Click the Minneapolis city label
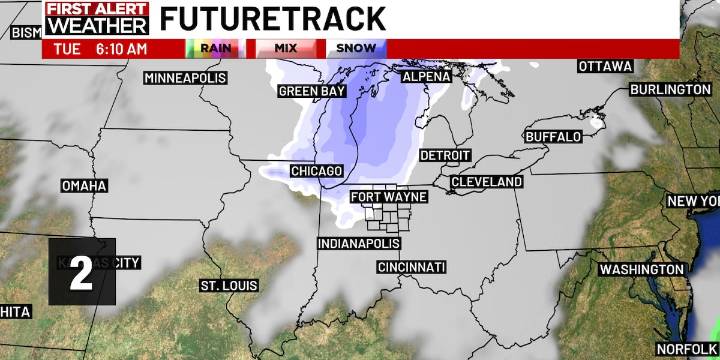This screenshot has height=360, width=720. [x=185, y=78]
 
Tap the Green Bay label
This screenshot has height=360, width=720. [x=311, y=92]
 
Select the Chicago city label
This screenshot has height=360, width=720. [x=316, y=171]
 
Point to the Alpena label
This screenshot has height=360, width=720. [x=426, y=76]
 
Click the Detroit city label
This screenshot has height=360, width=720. [x=445, y=156]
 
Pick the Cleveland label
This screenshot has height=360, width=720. [x=487, y=182]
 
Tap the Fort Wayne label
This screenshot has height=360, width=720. [x=389, y=197]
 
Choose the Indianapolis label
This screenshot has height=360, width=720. [x=359, y=244]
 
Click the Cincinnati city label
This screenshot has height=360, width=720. [x=411, y=267]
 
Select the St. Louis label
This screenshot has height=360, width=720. [x=223, y=286]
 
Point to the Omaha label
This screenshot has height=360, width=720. [x=83, y=186]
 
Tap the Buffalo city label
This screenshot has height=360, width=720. [x=553, y=136]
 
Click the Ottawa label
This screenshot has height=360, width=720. [x=605, y=66]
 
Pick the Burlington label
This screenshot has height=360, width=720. [x=670, y=90]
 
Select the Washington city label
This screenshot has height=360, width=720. [x=642, y=270]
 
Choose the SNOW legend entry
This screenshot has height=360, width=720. [x=356, y=48]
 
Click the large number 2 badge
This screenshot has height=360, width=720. [x=82, y=271]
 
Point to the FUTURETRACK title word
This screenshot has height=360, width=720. [x=272, y=18]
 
